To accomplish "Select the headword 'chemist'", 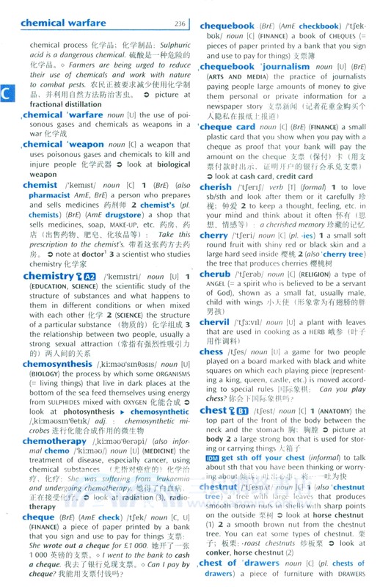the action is (x=40, y=186).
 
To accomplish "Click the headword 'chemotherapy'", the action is (x=55, y=442).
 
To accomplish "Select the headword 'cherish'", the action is (x=216, y=187).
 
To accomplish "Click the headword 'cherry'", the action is (x=213, y=236).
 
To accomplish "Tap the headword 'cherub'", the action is (x=214, y=274).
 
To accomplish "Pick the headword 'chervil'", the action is (x=214, y=322).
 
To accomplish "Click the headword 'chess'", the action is (x=211, y=351).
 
